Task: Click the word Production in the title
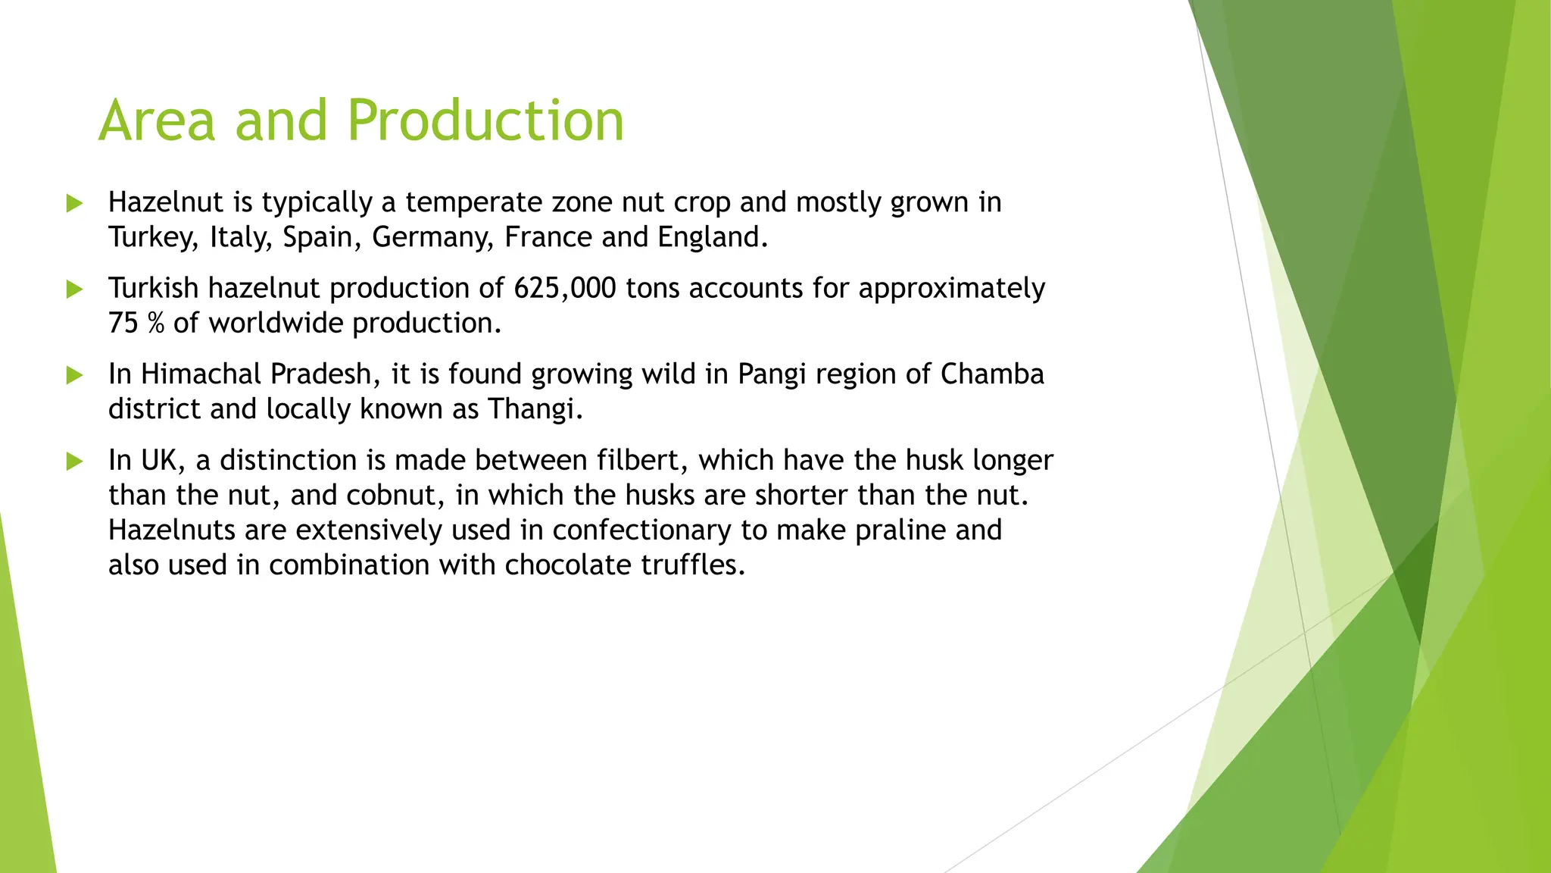pos(485,121)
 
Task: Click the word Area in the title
pos(158,121)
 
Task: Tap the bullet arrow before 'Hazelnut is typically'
pos(74,203)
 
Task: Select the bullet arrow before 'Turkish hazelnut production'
pos(74,289)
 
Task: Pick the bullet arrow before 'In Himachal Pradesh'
pos(74,374)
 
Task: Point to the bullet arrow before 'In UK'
pos(74,461)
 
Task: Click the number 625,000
pos(564,289)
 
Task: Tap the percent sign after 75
pos(155,324)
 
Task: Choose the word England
pos(711,238)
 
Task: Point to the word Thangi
pos(534,409)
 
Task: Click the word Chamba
pos(992,374)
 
